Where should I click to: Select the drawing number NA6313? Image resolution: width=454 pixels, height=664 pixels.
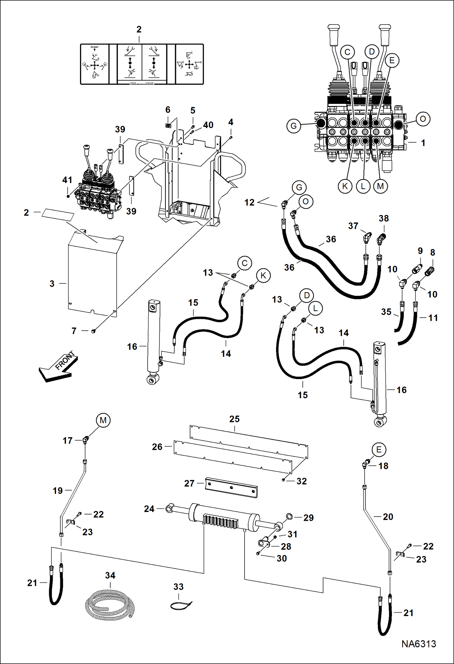click(419, 644)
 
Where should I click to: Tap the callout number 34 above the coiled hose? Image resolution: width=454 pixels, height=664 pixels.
click(110, 575)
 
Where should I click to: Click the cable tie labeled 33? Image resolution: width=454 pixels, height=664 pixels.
click(181, 606)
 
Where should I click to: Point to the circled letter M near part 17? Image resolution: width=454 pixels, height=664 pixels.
click(103, 420)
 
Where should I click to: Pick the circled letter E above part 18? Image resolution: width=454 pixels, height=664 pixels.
click(379, 450)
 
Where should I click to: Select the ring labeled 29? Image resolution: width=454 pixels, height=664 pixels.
click(289, 516)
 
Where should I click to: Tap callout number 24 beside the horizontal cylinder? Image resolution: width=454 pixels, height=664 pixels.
click(149, 509)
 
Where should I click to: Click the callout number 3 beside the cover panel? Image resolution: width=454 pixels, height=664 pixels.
click(52, 284)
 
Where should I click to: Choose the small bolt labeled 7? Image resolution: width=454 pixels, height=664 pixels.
click(93, 331)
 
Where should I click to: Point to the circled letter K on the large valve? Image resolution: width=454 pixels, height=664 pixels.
click(345, 186)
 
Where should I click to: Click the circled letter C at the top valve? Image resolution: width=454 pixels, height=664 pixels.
click(347, 52)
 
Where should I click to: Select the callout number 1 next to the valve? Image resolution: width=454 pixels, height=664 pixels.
click(423, 143)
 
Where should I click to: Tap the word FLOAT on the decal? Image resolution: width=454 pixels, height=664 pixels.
click(95, 47)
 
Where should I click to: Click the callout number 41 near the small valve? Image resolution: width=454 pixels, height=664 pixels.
click(67, 180)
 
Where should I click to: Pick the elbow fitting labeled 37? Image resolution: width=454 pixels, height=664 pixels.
click(367, 237)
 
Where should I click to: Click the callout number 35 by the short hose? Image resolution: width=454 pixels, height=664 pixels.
click(386, 312)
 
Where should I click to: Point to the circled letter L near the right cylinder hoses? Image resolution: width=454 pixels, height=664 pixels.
click(315, 308)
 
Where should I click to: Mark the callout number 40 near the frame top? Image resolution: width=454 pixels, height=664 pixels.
click(208, 125)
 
